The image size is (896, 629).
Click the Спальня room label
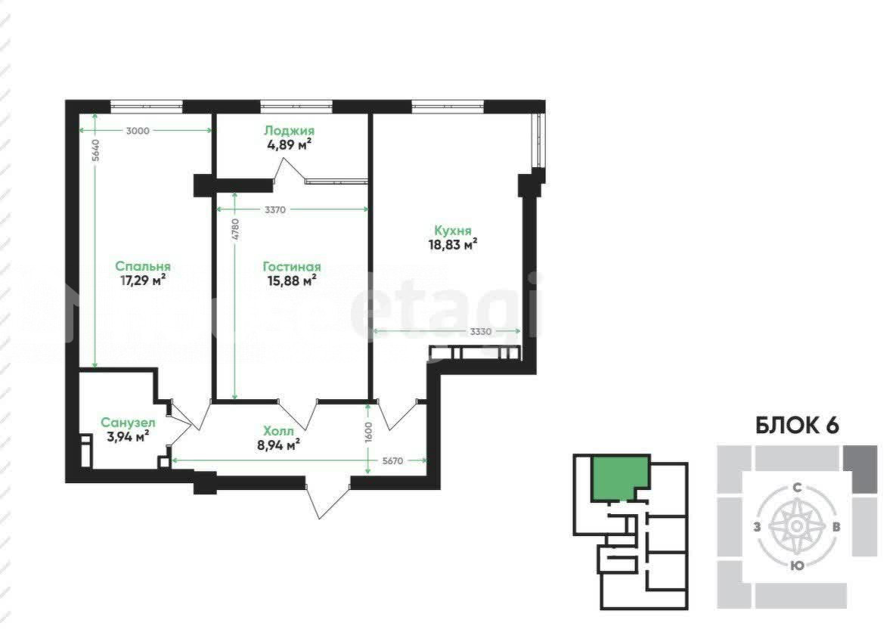pyautogui.click(x=143, y=266)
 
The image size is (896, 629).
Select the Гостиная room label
pyautogui.click(x=291, y=266)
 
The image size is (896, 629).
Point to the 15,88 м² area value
pyautogui.click(x=291, y=280)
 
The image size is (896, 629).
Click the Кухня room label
pyautogui.click(x=453, y=231)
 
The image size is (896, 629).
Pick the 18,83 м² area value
pyautogui.click(x=453, y=244)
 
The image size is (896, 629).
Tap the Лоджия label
pyautogui.click(x=290, y=131)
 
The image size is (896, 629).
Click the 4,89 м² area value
pyautogui.click(x=290, y=144)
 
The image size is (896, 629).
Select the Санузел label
pyautogui.click(x=128, y=423)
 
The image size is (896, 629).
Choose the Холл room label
pyautogui.click(x=279, y=431)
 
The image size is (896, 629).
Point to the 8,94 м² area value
pyautogui.click(x=279, y=445)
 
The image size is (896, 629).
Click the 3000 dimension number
pyautogui.click(x=138, y=131)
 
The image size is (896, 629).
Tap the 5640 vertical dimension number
pyautogui.click(x=96, y=150)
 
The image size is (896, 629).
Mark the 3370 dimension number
pyautogui.click(x=275, y=209)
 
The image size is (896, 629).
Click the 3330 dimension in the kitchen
pyautogui.click(x=481, y=331)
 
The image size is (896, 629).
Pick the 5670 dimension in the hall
pyautogui.click(x=392, y=460)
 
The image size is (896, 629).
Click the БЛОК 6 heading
pyautogui.click(x=797, y=426)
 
